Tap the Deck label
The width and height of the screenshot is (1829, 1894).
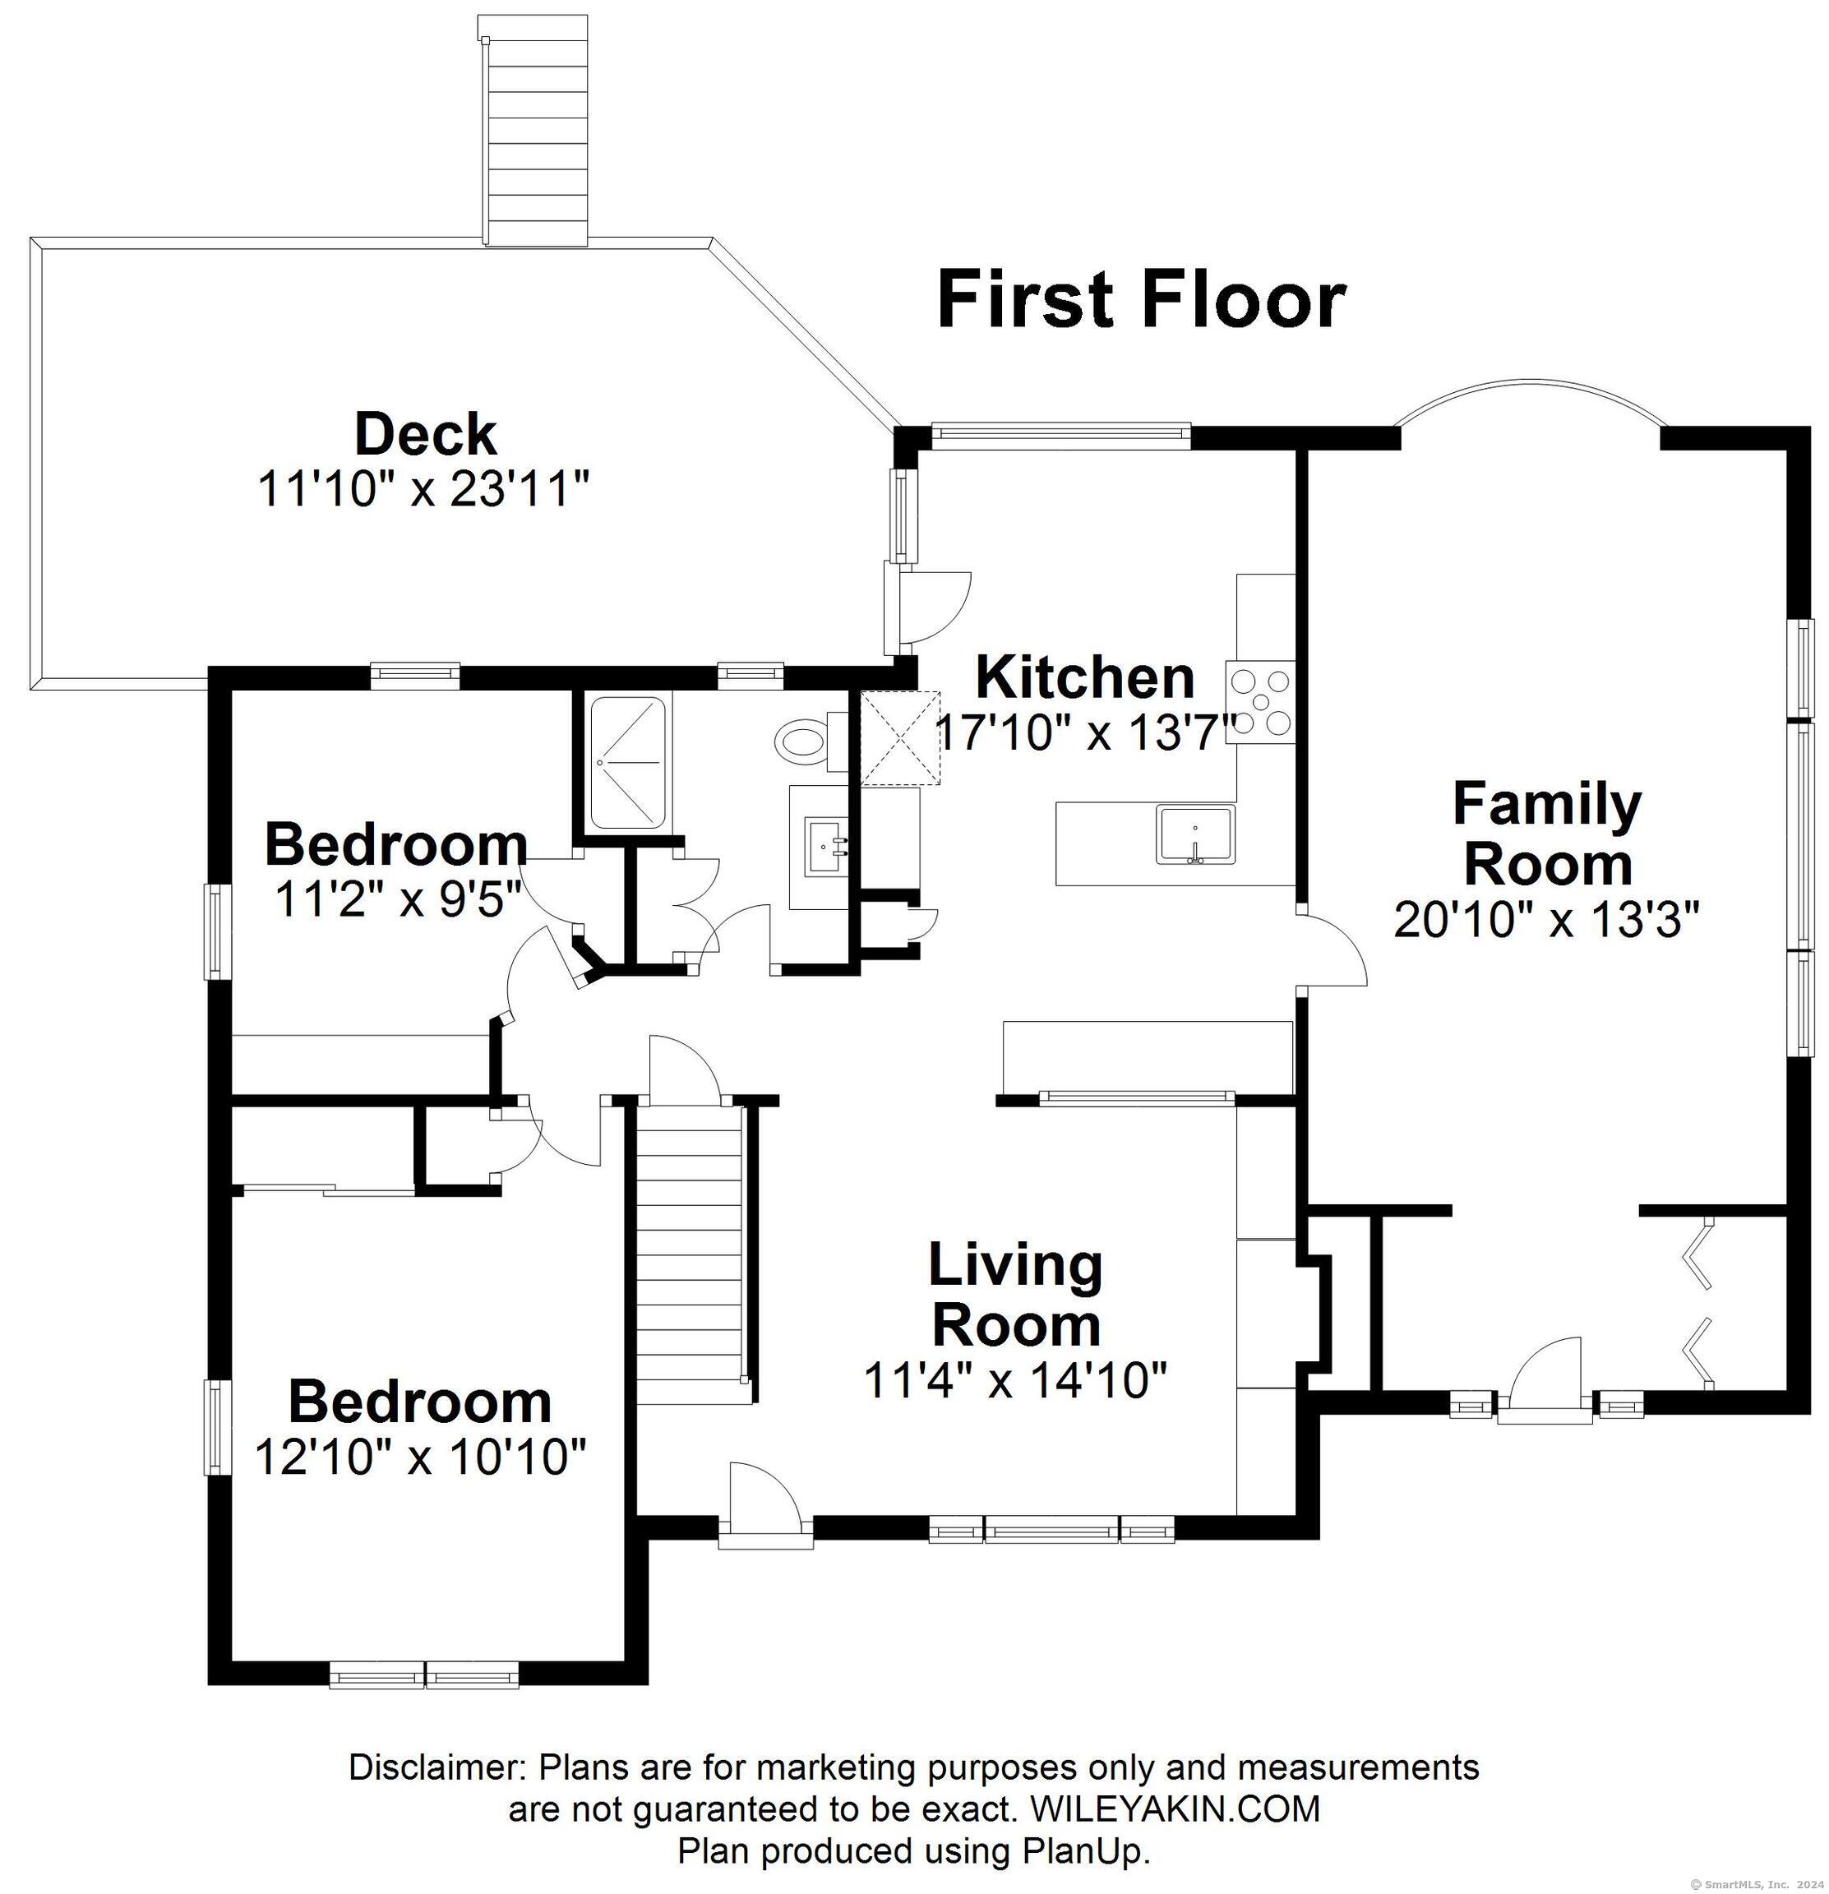tap(425, 435)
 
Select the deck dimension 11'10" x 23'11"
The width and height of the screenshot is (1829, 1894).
tap(423, 489)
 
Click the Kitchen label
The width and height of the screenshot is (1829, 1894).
tap(1085, 677)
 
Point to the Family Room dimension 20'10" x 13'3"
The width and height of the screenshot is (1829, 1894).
tap(1546, 920)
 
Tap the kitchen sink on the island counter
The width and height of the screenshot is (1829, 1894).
tap(1196, 836)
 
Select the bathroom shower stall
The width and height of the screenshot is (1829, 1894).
tap(628, 764)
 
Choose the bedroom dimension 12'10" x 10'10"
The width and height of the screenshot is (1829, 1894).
tap(420, 1456)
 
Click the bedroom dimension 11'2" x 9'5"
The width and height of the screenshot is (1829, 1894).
tap(398, 901)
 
